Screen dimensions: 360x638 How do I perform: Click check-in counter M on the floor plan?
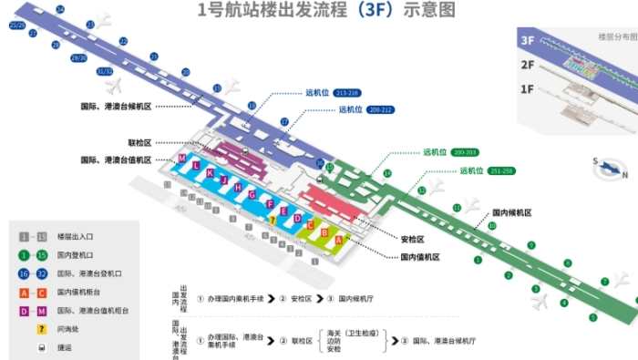point(182,159)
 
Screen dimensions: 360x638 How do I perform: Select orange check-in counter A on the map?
point(339,239)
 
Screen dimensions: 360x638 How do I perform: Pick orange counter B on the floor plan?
point(324,232)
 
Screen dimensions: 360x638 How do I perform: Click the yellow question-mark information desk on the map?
point(272,219)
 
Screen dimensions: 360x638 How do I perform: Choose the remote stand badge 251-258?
point(501,170)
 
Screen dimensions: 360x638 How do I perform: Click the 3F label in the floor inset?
point(527,40)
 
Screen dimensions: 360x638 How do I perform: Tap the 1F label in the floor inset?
point(527,88)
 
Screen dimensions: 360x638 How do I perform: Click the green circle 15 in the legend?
point(42,255)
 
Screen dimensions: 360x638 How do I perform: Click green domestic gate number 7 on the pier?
point(604,282)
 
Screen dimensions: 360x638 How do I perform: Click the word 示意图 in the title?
point(423,10)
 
